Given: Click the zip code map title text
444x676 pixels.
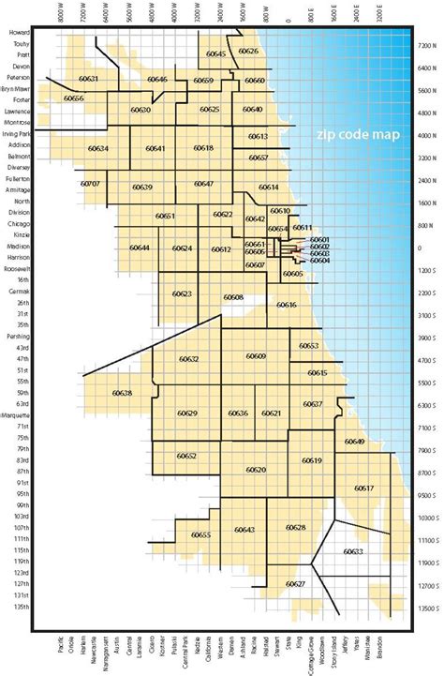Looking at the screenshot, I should pos(357,135).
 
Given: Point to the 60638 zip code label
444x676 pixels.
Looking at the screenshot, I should pos(121,392).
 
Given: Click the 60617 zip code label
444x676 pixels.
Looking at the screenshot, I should pos(363,488).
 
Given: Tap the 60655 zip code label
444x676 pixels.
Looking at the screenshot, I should pos(200,534).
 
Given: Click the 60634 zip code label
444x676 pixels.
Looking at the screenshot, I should pos(98,148).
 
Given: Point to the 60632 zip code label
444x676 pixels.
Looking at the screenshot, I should pos(188,359).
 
